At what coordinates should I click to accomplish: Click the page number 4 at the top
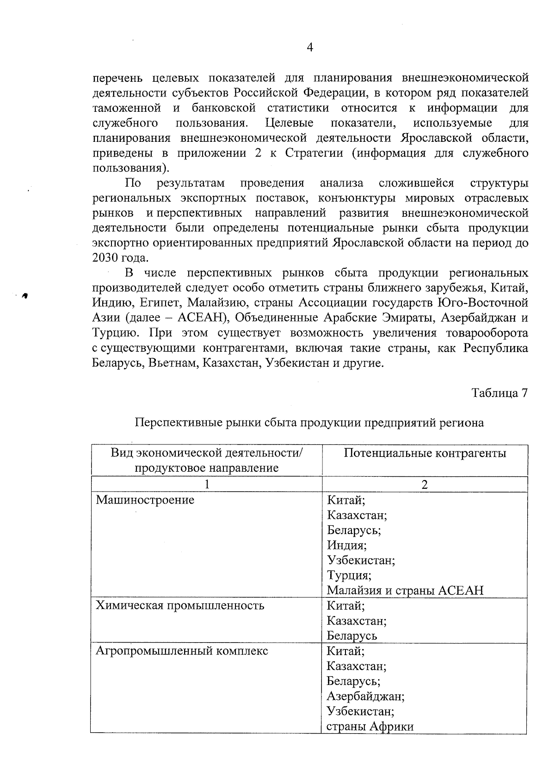pyautogui.click(x=310, y=48)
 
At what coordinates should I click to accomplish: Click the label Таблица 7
pyautogui.click(x=499, y=393)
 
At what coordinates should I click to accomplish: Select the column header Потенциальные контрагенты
pyautogui.click(x=425, y=453)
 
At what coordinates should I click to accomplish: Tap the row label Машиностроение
pyautogui.click(x=145, y=499)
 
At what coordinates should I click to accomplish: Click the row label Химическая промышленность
pyautogui.click(x=179, y=605)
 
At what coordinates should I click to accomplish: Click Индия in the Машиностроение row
pyautogui.click(x=346, y=545)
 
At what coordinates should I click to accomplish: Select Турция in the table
pyautogui.click(x=349, y=576)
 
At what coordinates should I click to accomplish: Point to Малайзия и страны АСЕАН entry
pyautogui.click(x=405, y=590)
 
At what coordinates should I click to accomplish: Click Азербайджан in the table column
pyautogui.click(x=365, y=696)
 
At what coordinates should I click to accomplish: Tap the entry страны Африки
pyautogui.click(x=370, y=726)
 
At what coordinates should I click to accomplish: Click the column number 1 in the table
pyautogui.click(x=207, y=484)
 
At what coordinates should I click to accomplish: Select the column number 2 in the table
pyautogui.click(x=425, y=484)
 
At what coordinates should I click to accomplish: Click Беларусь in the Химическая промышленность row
pyautogui.click(x=351, y=636)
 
